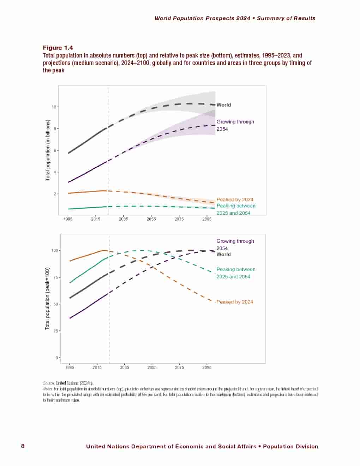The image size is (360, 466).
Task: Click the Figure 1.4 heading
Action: tap(58, 48)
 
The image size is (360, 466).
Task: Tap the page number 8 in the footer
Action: tap(23, 446)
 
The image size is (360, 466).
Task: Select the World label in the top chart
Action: tap(224, 105)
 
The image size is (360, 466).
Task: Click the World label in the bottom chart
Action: tap(224, 254)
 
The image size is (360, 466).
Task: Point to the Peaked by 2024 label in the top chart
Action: tap(235, 199)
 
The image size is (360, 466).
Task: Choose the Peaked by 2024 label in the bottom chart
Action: tap(235, 302)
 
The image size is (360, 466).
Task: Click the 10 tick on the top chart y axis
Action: tap(54, 107)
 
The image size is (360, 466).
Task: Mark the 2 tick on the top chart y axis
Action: tap(55, 194)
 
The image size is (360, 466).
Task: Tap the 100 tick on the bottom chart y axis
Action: tap(55, 251)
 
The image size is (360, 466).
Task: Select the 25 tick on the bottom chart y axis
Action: tap(55, 331)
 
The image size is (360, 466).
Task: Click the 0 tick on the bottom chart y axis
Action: tap(56, 358)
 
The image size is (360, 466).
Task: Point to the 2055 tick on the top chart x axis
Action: tap(151, 219)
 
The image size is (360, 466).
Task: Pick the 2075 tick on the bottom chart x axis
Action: tap(179, 368)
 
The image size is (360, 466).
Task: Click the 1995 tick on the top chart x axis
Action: tap(68, 219)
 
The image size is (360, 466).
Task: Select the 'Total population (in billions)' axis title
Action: tap(48, 150)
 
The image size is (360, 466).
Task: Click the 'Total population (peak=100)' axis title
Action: tap(47, 298)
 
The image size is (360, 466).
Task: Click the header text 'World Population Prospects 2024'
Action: tap(203, 18)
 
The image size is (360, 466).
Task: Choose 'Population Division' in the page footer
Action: tap(290, 447)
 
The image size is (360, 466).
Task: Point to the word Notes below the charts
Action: tap(48, 389)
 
